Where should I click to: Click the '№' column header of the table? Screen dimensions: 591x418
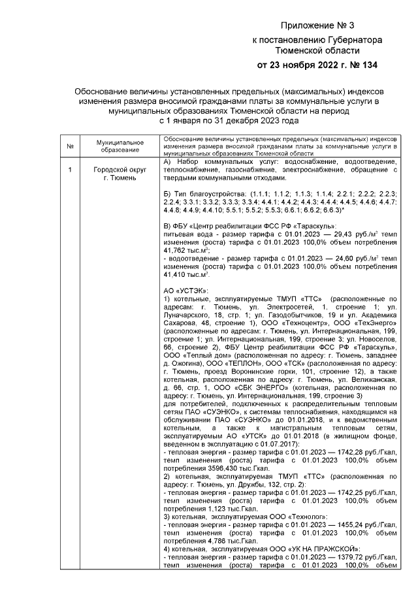(x=70, y=146)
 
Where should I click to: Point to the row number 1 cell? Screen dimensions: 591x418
(x=70, y=170)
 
